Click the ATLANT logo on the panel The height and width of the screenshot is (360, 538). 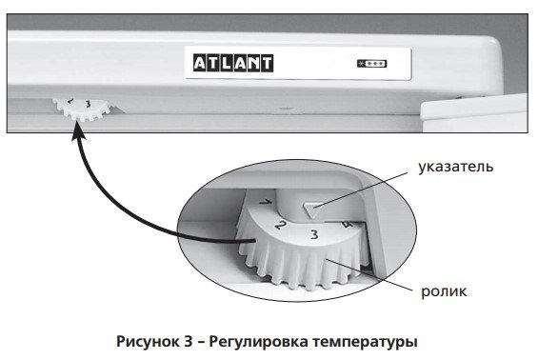point(233,63)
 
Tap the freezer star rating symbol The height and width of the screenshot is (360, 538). point(372,64)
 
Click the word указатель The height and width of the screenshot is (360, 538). point(456,167)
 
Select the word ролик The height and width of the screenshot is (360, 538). point(444,291)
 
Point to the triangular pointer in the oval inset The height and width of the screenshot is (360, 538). point(312,209)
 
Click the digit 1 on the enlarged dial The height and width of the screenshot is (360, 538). point(266,202)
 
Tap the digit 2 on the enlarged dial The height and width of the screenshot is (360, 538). point(280,225)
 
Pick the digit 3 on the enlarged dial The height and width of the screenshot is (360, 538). point(314,234)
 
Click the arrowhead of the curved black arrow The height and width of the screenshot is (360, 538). point(78,132)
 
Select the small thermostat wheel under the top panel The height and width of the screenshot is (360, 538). point(82,109)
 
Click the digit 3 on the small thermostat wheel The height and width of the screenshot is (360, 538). point(89,104)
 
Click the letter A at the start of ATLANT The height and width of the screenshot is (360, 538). point(200,64)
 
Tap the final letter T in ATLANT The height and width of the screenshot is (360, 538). point(267,64)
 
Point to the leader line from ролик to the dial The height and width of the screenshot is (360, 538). point(369,275)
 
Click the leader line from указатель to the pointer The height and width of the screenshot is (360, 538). point(361,190)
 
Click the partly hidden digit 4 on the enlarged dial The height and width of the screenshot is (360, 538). point(348,226)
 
